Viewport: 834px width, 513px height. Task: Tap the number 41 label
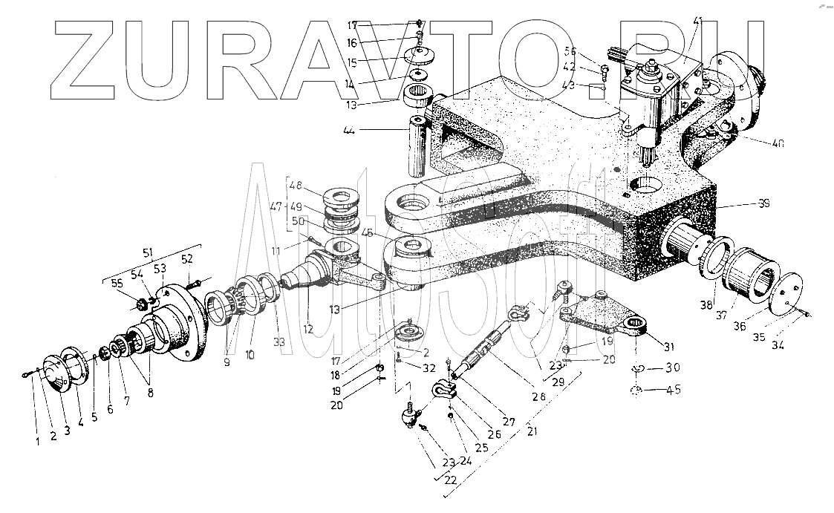click(697, 22)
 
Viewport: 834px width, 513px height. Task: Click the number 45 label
click(674, 390)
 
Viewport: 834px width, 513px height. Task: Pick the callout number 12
click(308, 328)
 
